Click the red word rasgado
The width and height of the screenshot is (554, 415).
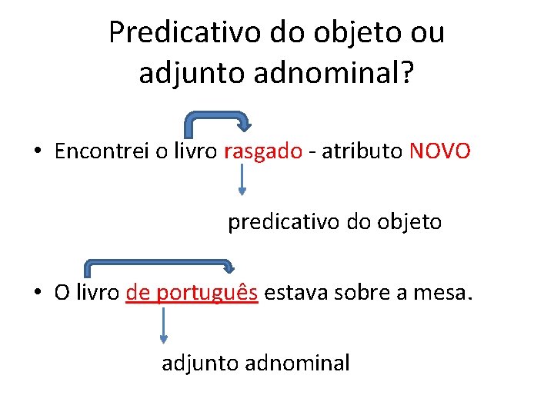(x=263, y=151)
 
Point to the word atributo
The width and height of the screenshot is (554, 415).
(x=362, y=151)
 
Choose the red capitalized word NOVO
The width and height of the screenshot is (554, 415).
(x=439, y=151)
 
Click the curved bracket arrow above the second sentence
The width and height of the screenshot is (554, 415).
(x=158, y=264)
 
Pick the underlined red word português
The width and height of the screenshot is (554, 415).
(x=209, y=293)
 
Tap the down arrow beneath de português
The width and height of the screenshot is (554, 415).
(x=163, y=326)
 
